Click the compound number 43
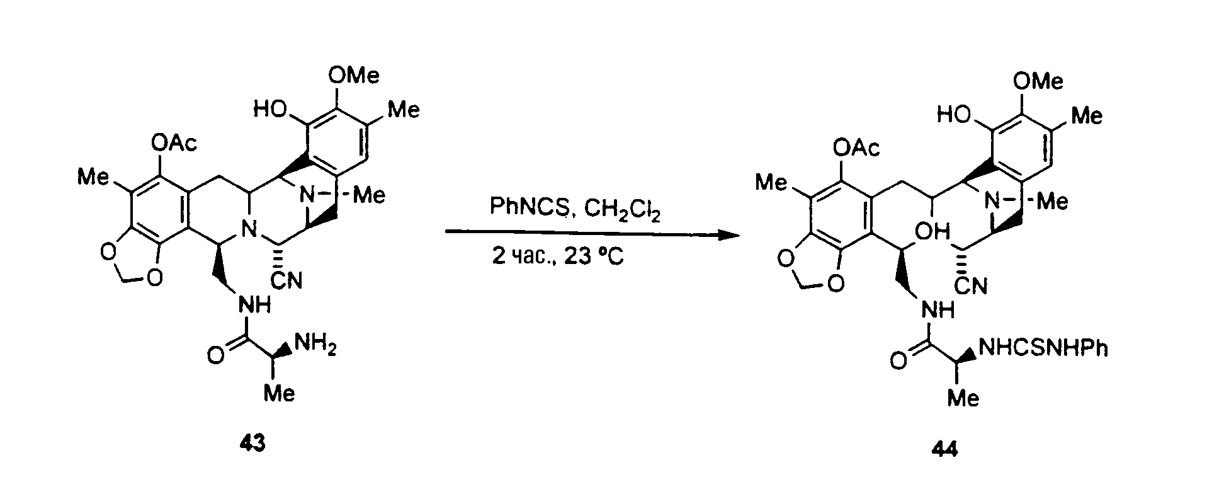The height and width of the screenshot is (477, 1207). point(252,444)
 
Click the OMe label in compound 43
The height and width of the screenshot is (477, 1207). point(354,76)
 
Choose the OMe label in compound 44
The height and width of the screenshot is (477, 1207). point(1039,81)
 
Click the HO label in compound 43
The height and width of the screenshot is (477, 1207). point(271,111)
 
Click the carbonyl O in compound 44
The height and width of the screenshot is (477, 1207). point(900,361)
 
